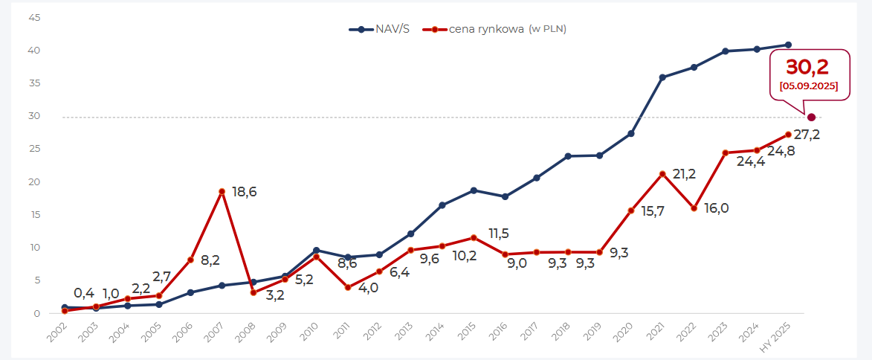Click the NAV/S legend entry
[379, 29]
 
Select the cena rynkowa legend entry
[488, 29]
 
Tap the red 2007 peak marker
[222, 192]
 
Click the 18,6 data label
[244, 192]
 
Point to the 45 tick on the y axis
[34, 17]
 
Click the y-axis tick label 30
[34, 116]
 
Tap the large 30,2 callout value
[807, 67]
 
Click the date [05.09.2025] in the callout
[809, 86]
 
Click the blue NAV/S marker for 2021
[662, 77]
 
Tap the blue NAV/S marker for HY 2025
[788, 45]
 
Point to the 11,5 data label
[498, 234]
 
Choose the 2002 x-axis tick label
[56, 332]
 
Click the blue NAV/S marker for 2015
[474, 190]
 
